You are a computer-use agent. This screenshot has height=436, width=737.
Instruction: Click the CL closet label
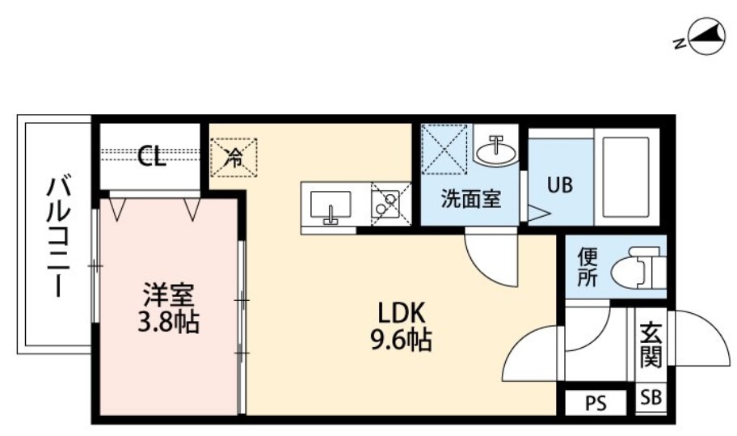pyautogui.click(x=151, y=155)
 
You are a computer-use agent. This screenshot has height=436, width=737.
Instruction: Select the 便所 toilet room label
pyautogui.click(x=587, y=268)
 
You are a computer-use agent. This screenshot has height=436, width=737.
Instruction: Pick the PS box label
pyautogui.click(x=596, y=402)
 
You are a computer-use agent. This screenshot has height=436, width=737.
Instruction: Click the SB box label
pyautogui.click(x=650, y=398)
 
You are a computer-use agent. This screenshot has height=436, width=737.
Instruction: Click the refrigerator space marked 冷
pyautogui.click(x=234, y=158)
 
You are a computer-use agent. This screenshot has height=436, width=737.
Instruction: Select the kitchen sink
pyautogui.click(x=329, y=207)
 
